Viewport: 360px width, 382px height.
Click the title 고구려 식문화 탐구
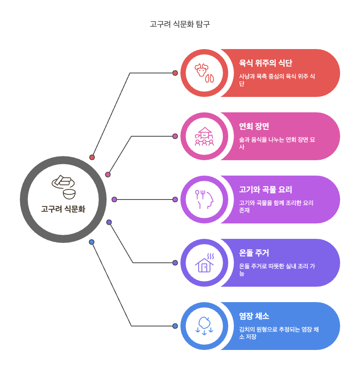[x=180, y=24]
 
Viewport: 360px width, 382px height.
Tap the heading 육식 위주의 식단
[x=266, y=63]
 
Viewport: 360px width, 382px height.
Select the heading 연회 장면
[x=254, y=126]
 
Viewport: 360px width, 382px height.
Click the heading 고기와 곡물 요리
[x=266, y=189]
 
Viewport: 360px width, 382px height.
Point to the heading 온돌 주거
[x=254, y=253]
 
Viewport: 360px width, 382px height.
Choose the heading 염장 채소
[x=254, y=316]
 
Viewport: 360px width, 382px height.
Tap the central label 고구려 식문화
[x=63, y=209]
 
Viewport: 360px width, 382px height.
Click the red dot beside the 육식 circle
[x=175, y=73]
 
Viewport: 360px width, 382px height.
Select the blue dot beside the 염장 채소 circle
[x=175, y=326]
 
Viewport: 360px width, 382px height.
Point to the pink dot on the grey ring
[x=108, y=175]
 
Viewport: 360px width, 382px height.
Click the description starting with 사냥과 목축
[x=277, y=80]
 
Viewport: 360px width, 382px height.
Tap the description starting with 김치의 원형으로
[x=279, y=333]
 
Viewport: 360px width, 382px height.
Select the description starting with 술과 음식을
[x=277, y=143]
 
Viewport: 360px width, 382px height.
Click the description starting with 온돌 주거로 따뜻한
[x=277, y=270]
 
